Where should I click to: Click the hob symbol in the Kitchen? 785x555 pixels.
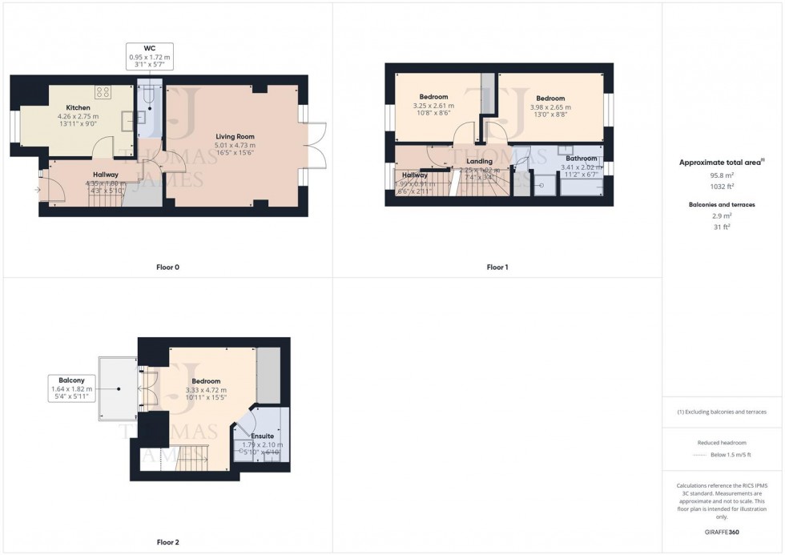tap(103, 90)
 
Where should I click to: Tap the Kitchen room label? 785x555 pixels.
tap(78, 107)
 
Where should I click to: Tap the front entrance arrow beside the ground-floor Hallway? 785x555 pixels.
tap(38, 190)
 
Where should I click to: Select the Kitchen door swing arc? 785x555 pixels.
tap(102, 147)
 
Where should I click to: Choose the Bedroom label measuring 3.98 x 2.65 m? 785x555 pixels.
tap(550, 99)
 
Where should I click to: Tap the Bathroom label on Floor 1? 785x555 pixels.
tap(582, 159)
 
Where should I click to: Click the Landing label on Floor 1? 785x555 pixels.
tap(479, 161)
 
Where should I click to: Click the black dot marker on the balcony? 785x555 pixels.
tap(119, 389)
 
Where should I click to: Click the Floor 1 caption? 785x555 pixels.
tap(497, 267)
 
